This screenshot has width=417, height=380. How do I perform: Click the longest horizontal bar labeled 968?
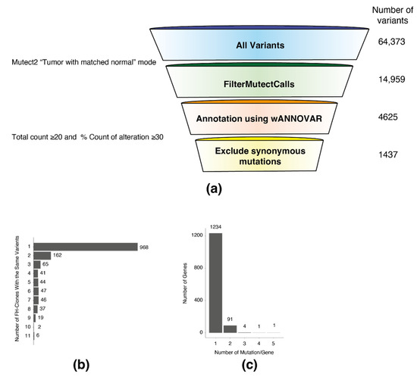[x=88, y=247]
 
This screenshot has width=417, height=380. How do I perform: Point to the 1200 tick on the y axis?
[x=197, y=236]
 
